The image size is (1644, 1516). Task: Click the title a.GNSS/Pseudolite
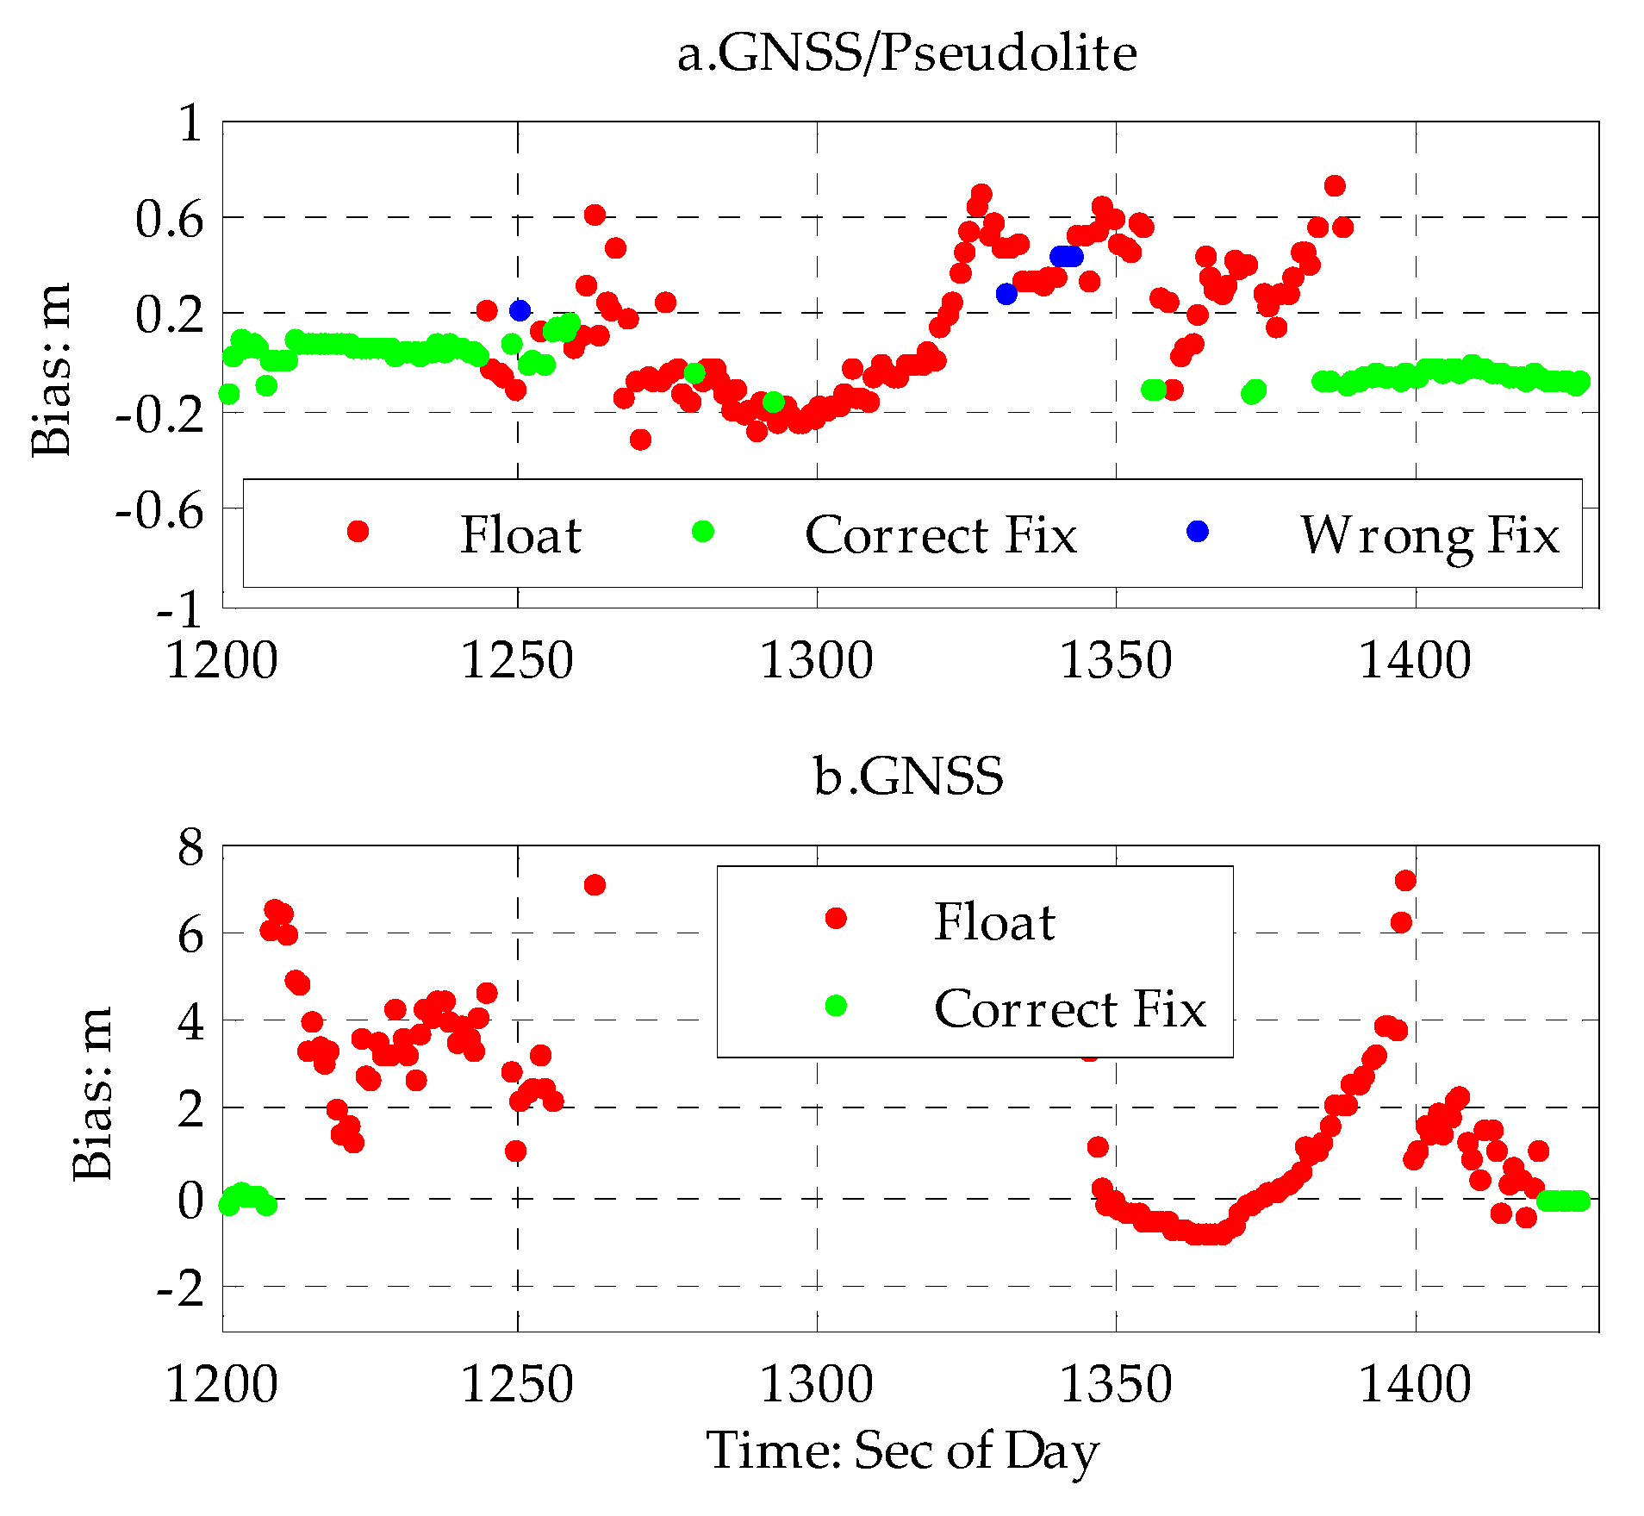(906, 53)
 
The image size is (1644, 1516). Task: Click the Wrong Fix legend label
(1429, 535)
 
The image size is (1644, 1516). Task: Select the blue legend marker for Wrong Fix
(1197, 532)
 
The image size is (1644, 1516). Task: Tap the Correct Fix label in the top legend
(940, 535)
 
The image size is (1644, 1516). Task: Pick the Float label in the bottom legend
(994, 921)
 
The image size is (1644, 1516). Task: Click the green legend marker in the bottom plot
(835, 1006)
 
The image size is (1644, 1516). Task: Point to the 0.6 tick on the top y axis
(169, 219)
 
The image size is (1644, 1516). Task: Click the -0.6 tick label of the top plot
(160, 511)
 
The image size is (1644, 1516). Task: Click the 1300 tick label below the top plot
(816, 661)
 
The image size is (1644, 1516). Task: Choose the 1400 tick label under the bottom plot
(1415, 1385)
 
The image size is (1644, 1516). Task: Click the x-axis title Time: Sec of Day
(902, 1450)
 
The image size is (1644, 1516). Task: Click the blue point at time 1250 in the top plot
(520, 310)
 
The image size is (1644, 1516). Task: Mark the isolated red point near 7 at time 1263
(595, 885)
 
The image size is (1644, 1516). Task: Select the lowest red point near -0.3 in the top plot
(640, 440)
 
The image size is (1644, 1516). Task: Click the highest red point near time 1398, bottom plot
(1405, 881)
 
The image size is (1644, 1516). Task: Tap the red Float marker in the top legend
(358, 532)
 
